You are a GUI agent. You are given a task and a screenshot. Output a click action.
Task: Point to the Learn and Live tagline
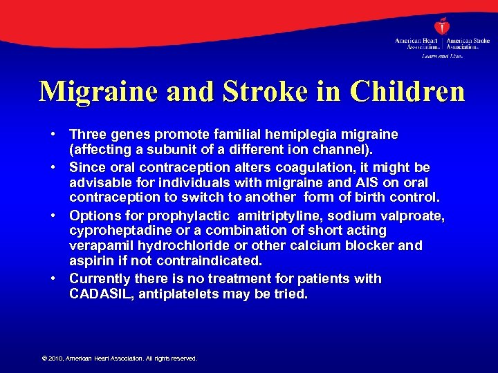(x=441, y=55)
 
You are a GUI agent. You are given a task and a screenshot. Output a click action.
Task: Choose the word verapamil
(x=98, y=246)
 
